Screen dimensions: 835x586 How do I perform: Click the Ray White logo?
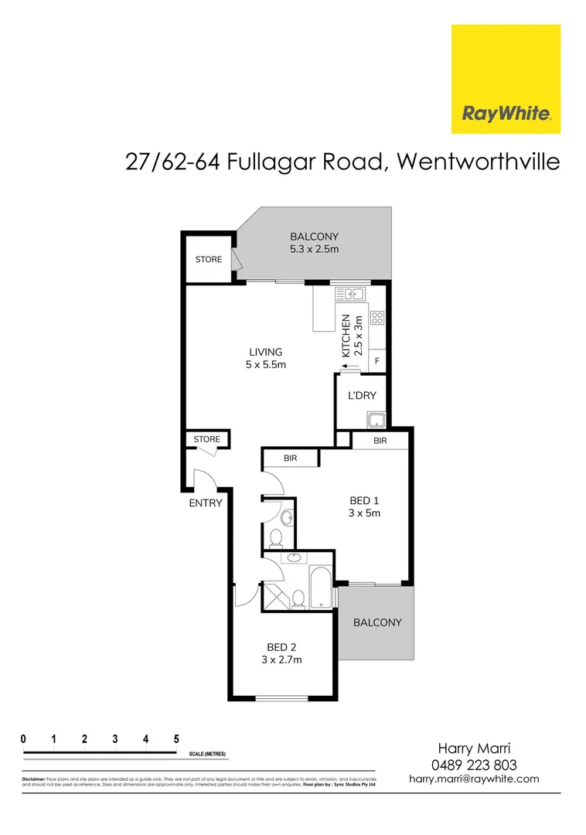506,79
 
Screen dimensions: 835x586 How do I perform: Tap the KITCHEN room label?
346,336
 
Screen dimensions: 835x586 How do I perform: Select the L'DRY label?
362,395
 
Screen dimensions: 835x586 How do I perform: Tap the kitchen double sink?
350,293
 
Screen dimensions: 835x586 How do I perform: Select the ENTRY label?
205,503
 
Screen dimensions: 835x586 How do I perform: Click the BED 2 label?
282,647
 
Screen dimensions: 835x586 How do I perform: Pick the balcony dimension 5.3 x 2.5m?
314,249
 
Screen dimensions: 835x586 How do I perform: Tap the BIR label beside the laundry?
380,441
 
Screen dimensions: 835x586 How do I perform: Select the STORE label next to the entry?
206,439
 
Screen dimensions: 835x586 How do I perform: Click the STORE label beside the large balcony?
208,259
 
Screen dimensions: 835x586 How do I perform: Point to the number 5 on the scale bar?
176,738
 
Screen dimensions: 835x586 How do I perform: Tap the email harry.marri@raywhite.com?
474,779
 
